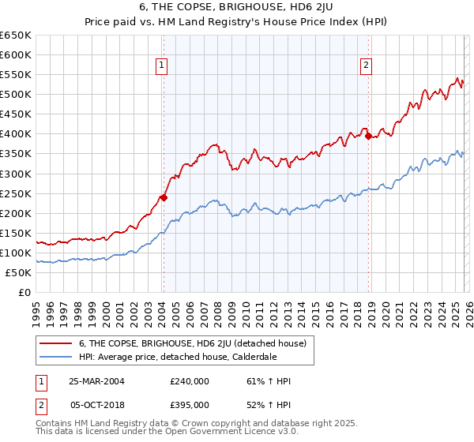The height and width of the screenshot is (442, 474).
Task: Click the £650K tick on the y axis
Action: click(16, 36)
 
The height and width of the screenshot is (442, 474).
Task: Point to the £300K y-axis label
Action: click(16, 174)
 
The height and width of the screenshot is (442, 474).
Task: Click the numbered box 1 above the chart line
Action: click(161, 66)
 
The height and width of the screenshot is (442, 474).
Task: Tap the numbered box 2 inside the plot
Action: click(367, 66)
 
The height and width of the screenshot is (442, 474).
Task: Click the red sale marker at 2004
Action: click(164, 197)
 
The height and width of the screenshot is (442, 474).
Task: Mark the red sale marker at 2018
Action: click(369, 136)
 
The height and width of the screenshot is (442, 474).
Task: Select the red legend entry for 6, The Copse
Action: click(197, 343)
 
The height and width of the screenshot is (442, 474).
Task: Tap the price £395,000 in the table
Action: click(190, 404)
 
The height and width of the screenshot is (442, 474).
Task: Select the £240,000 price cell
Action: click(190, 381)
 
